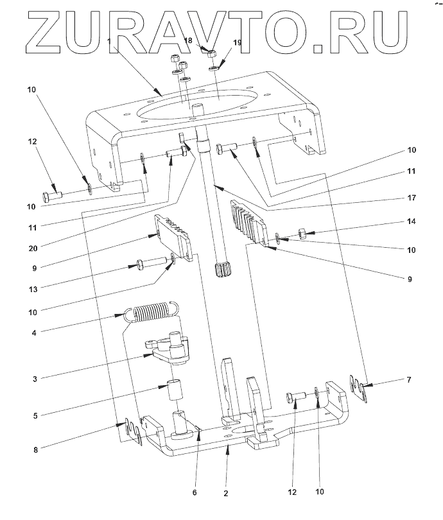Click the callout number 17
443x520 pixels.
coord(412,198)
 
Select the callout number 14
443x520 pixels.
coord(412,221)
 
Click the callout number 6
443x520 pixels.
coord(195,493)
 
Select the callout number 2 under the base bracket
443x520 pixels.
coord(226,493)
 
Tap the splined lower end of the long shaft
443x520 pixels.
coord(222,270)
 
